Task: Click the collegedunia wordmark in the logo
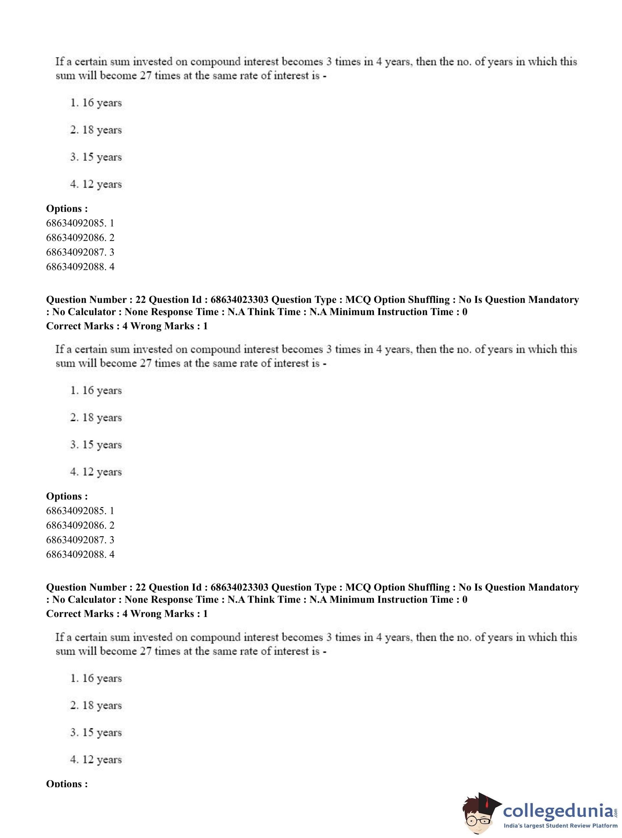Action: [x=558, y=810]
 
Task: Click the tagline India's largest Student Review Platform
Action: [x=560, y=825]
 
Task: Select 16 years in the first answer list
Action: [x=96, y=103]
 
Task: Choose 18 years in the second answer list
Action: [x=96, y=418]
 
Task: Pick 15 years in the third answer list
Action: [x=96, y=732]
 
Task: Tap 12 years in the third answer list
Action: [x=96, y=759]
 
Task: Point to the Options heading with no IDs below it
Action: [x=67, y=784]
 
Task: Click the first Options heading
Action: [x=67, y=208]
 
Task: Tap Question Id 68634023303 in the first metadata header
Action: [x=239, y=300]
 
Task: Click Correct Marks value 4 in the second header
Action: [x=125, y=614]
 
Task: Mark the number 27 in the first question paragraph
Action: [x=145, y=75]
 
